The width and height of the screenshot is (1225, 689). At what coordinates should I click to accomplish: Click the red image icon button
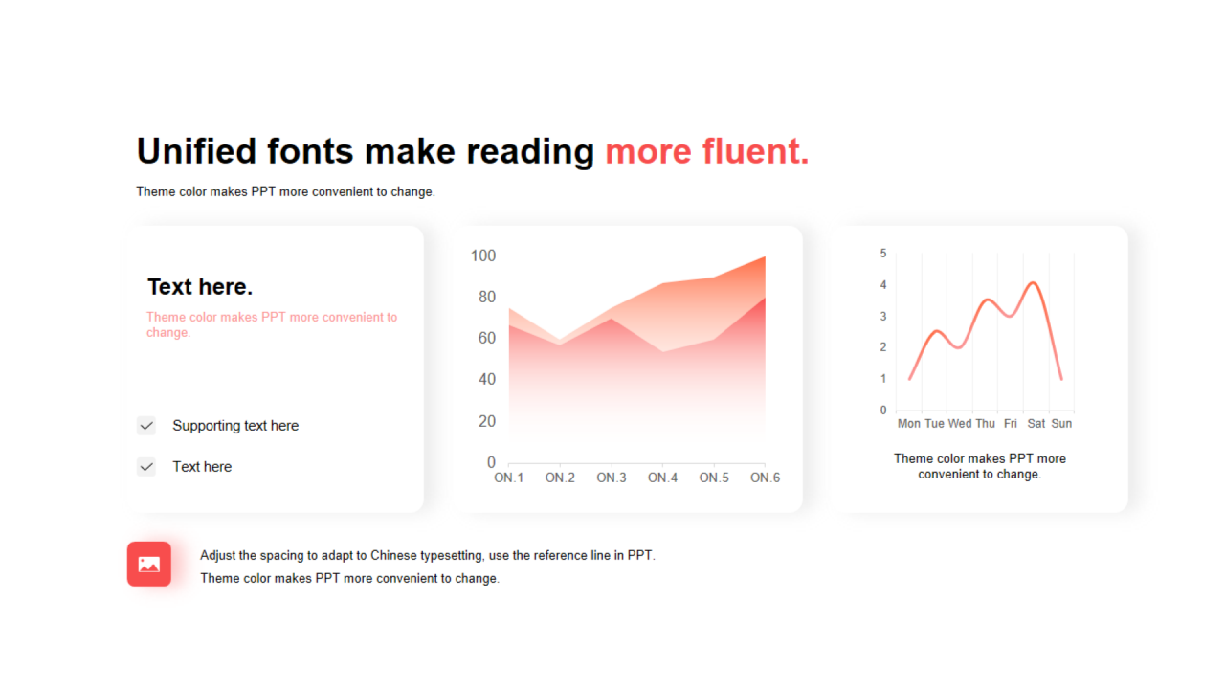point(148,564)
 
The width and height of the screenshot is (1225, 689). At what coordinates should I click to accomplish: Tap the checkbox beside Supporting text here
point(146,426)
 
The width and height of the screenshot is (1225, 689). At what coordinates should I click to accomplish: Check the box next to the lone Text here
point(146,467)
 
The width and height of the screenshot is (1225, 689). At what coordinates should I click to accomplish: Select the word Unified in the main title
point(196,151)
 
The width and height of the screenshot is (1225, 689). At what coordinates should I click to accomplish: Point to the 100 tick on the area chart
point(483,256)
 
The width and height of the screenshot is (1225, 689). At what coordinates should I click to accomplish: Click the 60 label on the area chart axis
point(487,338)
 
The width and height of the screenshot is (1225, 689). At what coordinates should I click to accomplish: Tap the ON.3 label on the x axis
point(612,478)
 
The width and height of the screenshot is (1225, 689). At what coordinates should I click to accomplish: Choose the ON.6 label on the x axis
point(765,478)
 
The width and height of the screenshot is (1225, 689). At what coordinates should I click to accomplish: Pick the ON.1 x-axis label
point(508,478)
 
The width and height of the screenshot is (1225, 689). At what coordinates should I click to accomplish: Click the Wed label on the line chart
point(960,424)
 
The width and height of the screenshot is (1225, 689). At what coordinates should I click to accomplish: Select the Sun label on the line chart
point(1061,424)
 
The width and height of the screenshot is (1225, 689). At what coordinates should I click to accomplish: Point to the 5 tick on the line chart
point(883,254)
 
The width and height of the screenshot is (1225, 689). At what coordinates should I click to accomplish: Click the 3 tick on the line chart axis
point(883,316)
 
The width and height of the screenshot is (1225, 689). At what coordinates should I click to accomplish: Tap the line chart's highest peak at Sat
point(1033,282)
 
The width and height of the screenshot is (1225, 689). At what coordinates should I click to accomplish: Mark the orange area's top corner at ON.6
point(765,256)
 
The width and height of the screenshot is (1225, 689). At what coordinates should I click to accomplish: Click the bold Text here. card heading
point(200,287)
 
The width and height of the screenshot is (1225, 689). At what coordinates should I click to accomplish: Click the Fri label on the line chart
point(1010,424)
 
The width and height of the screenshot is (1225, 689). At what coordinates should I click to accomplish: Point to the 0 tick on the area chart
point(491,462)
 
